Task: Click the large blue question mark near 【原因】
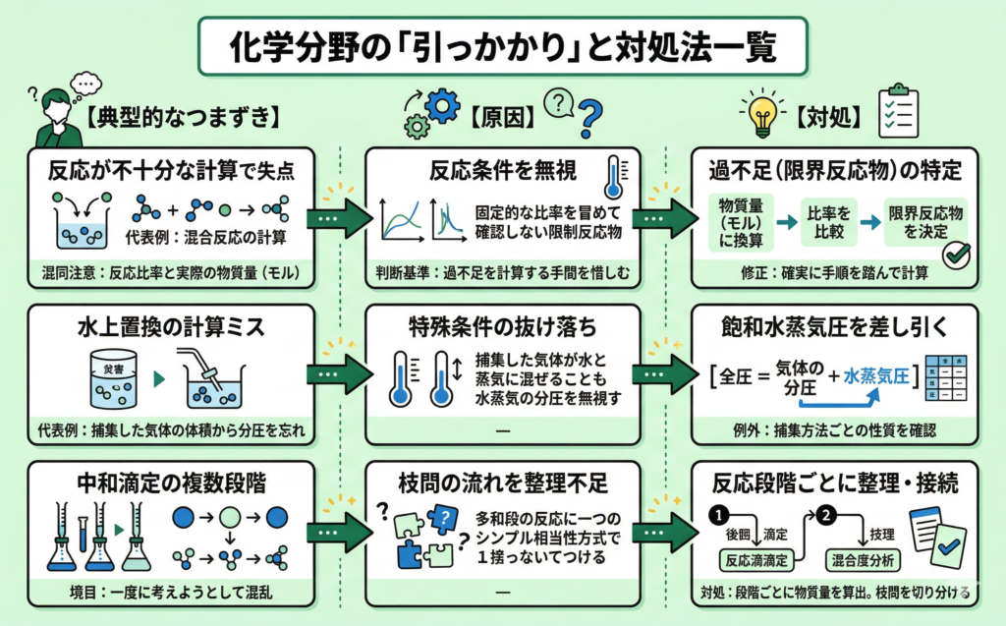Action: pos(589,120)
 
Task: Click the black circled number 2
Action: pos(826,514)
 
